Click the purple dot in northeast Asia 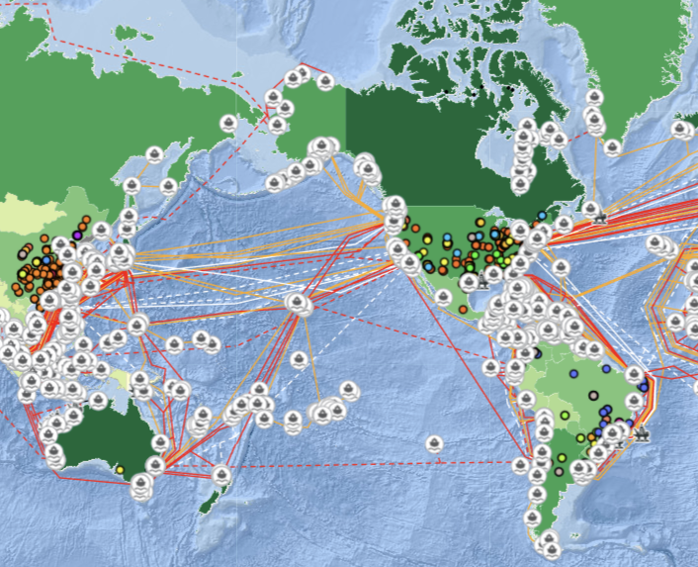[77, 235]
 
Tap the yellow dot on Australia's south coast [120, 470]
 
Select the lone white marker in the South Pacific [434, 443]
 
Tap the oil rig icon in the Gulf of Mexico [482, 281]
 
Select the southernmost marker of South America [551, 548]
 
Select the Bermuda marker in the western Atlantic [561, 267]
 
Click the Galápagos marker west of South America [491, 367]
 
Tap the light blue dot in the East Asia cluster [46, 260]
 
